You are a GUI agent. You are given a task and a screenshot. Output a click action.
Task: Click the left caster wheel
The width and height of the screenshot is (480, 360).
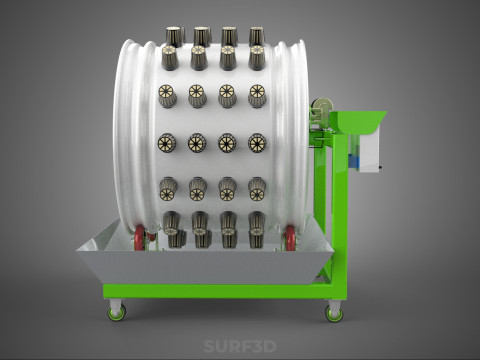[117, 313]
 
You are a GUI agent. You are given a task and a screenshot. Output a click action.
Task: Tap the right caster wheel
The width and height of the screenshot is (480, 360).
[334, 314]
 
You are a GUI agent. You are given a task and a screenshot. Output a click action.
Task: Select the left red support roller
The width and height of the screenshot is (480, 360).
[139, 237]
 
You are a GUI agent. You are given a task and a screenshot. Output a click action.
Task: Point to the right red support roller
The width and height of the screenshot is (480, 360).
[290, 237]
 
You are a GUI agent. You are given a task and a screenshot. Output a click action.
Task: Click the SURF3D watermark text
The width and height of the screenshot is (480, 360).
[240, 346]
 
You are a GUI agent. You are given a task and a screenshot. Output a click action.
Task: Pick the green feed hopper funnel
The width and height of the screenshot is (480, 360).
[358, 122]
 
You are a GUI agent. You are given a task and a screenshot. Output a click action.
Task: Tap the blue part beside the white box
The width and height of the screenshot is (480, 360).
[353, 162]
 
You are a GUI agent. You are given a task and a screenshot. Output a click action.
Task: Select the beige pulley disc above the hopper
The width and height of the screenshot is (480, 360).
[322, 106]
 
